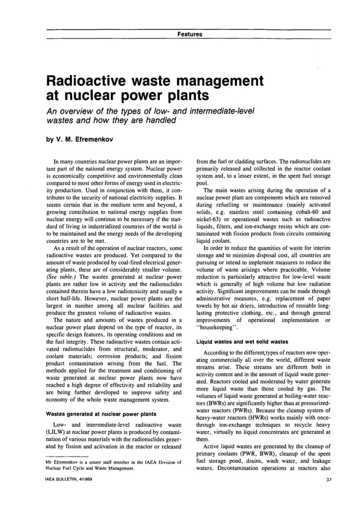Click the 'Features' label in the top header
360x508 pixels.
190,34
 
